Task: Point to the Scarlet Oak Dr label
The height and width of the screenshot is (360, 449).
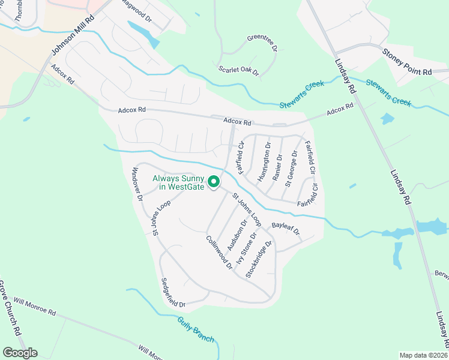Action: [x=238, y=71]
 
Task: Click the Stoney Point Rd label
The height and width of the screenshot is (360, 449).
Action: [x=407, y=62]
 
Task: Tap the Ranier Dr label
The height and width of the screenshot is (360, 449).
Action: [x=277, y=166]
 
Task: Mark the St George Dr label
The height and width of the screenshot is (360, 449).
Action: [x=291, y=169]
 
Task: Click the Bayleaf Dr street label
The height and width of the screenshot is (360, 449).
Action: [x=285, y=228]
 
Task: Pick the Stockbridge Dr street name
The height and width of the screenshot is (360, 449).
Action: [x=259, y=259]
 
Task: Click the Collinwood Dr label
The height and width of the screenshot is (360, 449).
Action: [x=219, y=251]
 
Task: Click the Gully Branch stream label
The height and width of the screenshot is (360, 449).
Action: [x=196, y=329]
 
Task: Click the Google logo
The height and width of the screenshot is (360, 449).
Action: [x=20, y=353]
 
